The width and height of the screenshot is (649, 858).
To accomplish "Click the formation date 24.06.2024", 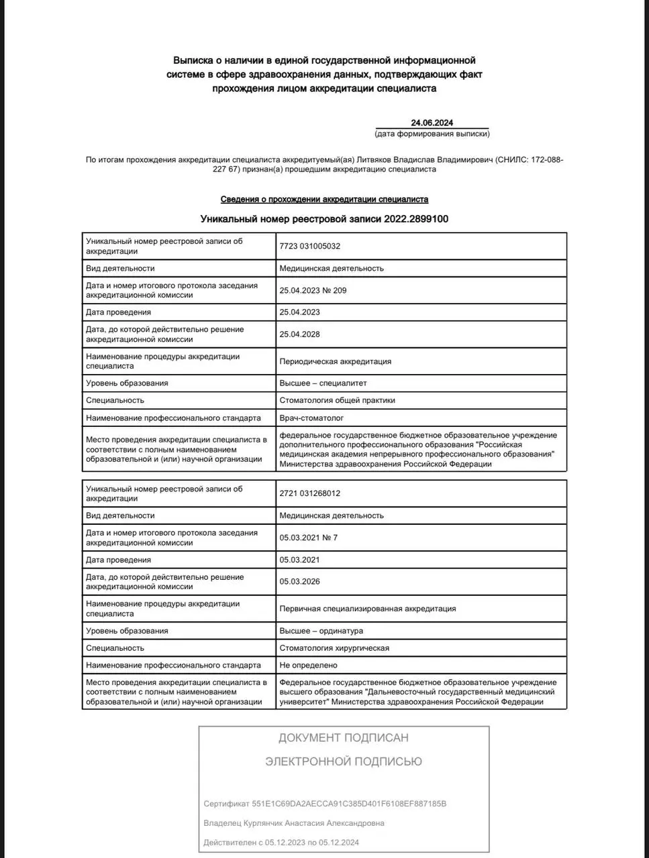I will (432, 123).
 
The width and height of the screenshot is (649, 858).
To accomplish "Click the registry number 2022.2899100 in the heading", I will (416, 219).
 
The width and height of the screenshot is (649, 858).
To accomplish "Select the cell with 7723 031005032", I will (310, 246).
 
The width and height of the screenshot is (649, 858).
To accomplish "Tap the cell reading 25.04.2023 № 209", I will (313, 290).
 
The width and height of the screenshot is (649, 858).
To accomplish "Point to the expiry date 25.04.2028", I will (299, 334).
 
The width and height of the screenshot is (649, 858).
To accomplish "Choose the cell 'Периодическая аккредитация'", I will (335, 361).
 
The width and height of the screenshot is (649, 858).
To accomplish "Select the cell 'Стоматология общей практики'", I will (337, 400).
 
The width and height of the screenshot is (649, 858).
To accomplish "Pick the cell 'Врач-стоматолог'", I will (311, 418).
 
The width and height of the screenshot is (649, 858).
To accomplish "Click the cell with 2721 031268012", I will (310, 493).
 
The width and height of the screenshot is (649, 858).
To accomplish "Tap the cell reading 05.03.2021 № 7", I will (309, 538).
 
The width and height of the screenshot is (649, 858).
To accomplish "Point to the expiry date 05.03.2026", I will (299, 581).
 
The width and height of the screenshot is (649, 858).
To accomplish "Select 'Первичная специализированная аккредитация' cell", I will (367, 609).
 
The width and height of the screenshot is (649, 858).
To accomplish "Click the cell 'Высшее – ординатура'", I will (321, 631).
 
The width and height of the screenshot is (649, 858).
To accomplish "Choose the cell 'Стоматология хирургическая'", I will (334, 648).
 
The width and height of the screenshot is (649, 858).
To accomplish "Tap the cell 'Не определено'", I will (308, 665).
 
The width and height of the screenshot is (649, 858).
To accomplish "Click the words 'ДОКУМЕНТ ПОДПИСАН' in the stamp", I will (343, 738).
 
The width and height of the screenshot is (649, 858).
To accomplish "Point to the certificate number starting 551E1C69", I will (349, 803).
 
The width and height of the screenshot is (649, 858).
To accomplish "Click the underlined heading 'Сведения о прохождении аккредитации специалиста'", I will (324, 199).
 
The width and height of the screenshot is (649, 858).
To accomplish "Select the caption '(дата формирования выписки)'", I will (432, 133).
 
